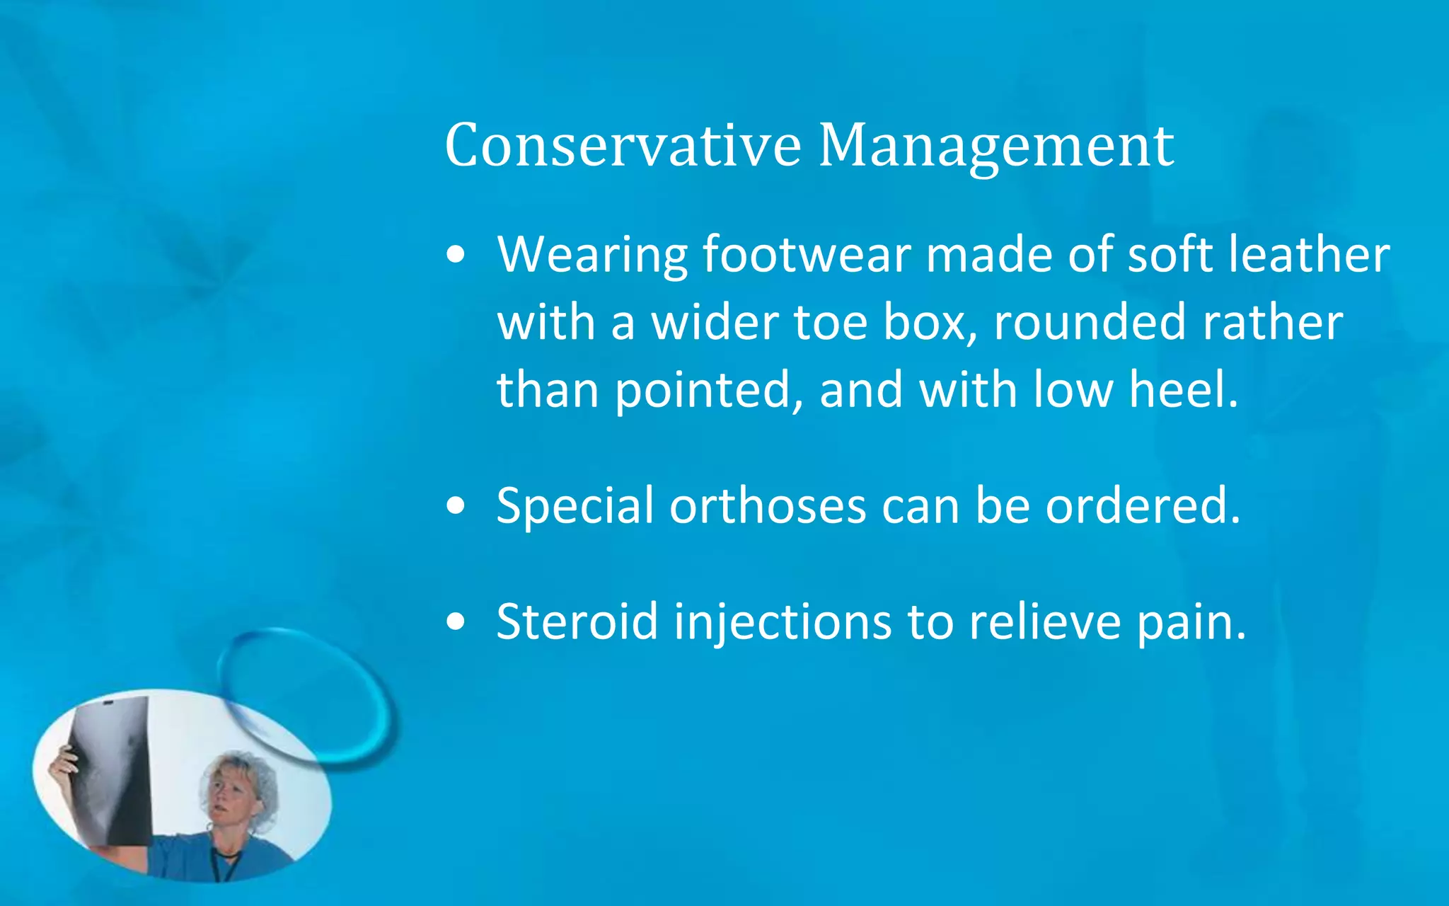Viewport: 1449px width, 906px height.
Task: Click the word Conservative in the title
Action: click(x=623, y=145)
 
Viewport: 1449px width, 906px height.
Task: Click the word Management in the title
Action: click(x=996, y=145)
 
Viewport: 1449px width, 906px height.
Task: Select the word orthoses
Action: click(x=768, y=507)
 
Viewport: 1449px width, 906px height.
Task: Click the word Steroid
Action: click(x=577, y=622)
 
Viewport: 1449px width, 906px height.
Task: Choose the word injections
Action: click(x=783, y=624)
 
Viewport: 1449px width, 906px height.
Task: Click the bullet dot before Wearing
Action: click(x=456, y=255)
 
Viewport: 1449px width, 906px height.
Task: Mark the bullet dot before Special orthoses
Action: click(x=456, y=507)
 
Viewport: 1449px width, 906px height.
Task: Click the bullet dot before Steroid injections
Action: click(x=456, y=622)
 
